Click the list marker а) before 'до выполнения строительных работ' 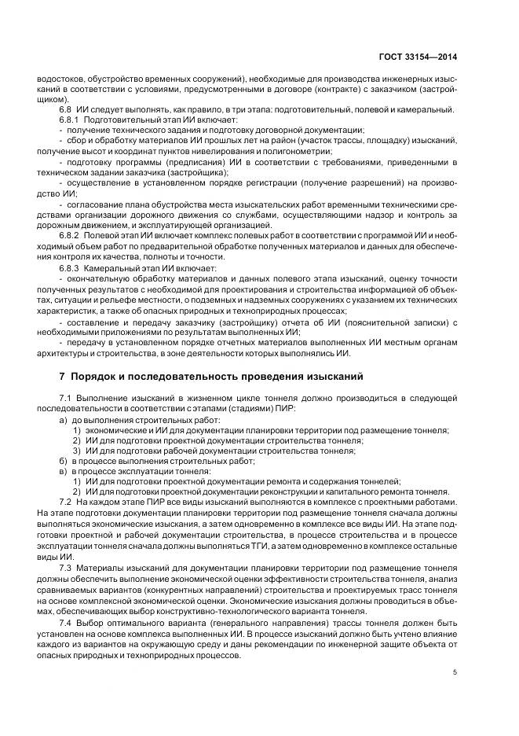click(x=63, y=421)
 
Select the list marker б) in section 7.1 click(x=63, y=461)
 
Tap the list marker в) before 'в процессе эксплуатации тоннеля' click(x=63, y=471)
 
